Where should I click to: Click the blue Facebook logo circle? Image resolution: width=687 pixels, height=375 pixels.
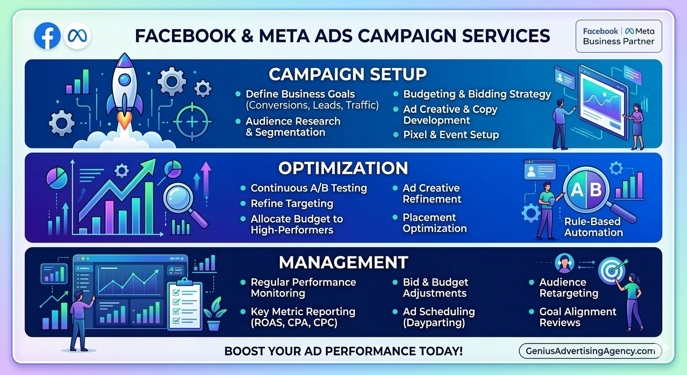(47, 36)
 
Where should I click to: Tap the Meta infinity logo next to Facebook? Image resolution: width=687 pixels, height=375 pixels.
(77, 36)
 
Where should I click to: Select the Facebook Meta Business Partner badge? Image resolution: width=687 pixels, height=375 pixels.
(619, 36)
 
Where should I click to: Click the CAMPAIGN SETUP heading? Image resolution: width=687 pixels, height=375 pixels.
(347, 74)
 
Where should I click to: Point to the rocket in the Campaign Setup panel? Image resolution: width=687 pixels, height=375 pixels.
(125, 93)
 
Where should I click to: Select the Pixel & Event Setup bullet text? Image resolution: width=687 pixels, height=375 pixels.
(451, 135)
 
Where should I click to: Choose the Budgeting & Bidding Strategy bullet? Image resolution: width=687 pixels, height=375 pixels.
(477, 94)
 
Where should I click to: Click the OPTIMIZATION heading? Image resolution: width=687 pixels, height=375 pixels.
(343, 168)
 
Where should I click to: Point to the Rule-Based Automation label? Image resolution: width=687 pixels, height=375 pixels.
(593, 227)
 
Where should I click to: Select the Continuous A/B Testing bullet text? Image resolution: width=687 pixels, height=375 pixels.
(308, 188)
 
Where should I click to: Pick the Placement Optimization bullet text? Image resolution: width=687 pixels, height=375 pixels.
(434, 223)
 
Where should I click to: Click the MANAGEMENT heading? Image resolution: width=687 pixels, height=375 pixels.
(343, 262)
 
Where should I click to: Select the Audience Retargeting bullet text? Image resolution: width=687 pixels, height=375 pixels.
(568, 288)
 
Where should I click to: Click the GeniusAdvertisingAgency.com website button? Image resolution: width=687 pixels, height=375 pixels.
(590, 351)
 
